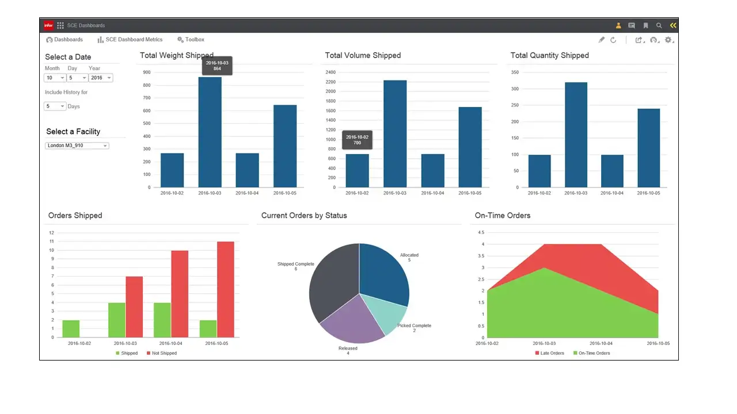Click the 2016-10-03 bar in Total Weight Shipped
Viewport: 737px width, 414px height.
[x=210, y=132]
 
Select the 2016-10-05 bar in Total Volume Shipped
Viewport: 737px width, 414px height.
[x=470, y=147]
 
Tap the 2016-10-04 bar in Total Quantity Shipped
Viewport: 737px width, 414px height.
[x=612, y=171]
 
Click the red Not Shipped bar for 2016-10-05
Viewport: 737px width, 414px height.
[x=226, y=289]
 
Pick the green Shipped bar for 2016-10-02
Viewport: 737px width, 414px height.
[x=71, y=328]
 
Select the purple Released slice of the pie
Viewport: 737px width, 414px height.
[x=351, y=322]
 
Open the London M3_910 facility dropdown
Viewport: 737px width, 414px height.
[x=77, y=145]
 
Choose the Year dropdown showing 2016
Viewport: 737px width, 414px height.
[x=100, y=78]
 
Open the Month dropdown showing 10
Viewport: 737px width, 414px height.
[x=55, y=78]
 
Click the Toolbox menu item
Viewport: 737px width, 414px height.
[x=191, y=40]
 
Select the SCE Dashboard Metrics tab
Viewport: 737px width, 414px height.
[x=130, y=40]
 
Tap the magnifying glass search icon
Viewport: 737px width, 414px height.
[x=659, y=25]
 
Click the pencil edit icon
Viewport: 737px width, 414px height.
[x=601, y=40]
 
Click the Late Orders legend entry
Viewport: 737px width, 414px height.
[x=549, y=353]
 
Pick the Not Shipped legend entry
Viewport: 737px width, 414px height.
[x=162, y=353]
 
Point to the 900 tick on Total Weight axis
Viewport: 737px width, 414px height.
[x=147, y=72]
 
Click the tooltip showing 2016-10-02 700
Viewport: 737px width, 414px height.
[x=357, y=140]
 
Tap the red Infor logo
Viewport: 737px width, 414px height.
[x=48, y=25]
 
